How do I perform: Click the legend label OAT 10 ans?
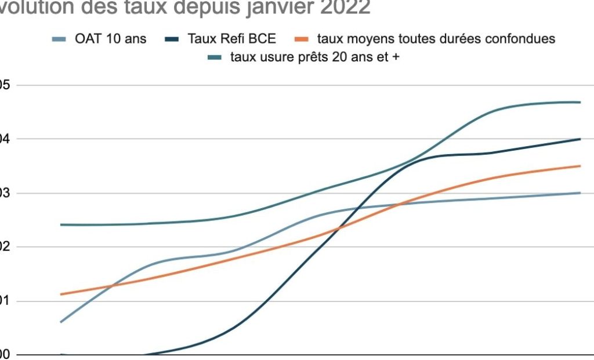click(x=110, y=39)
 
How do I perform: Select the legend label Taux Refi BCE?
click(x=232, y=39)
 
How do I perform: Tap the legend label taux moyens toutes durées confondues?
click(x=436, y=39)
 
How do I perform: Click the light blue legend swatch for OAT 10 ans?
click(x=60, y=39)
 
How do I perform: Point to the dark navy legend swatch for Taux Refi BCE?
click(x=173, y=39)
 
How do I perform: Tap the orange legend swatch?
click(x=303, y=39)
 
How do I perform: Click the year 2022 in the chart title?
click(x=340, y=8)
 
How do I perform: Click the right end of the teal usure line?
click(x=580, y=102)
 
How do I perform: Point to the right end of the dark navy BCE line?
click(x=580, y=139)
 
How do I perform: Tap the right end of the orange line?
click(x=580, y=166)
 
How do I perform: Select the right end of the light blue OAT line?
click(x=580, y=192)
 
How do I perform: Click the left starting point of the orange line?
click(x=61, y=294)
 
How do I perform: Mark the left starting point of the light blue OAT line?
click(x=61, y=322)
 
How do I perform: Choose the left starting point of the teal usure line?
click(x=61, y=224)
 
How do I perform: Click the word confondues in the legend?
click(x=521, y=39)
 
